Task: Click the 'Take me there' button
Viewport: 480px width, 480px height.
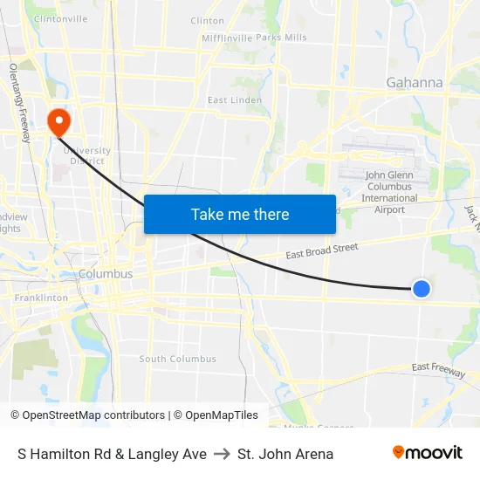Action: click(x=240, y=214)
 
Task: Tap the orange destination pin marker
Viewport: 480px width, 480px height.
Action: click(x=59, y=122)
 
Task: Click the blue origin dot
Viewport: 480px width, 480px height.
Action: click(x=422, y=288)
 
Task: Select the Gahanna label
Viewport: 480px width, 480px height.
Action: click(x=414, y=83)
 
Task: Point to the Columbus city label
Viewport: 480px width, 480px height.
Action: click(x=106, y=274)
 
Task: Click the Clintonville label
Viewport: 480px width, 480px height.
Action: click(x=59, y=18)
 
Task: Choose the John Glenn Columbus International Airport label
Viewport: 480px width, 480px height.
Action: click(x=389, y=192)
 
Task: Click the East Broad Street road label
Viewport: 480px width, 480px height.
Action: click(x=322, y=250)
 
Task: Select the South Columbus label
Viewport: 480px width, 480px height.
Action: click(x=177, y=359)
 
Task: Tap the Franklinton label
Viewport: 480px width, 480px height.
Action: click(x=41, y=298)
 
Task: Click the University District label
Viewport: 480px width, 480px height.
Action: click(x=87, y=154)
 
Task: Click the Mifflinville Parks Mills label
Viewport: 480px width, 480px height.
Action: click(x=253, y=38)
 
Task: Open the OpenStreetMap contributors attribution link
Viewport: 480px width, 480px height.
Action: click(x=93, y=415)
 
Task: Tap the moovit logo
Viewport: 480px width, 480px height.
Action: click(x=428, y=453)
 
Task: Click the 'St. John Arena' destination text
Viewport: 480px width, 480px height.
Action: click(x=285, y=454)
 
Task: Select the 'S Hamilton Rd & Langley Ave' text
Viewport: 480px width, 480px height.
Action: click(x=112, y=454)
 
